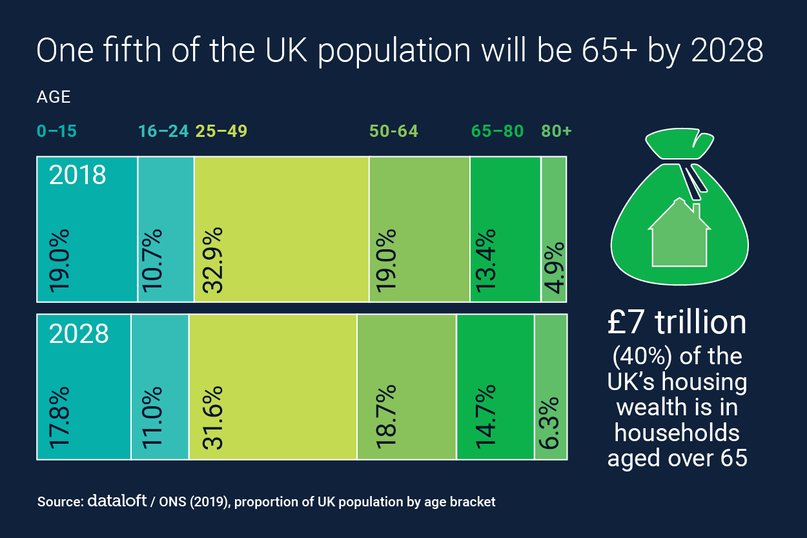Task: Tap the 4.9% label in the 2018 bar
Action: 553,268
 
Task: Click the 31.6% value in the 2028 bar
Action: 213,417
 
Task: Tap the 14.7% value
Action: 486,417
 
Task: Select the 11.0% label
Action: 152,417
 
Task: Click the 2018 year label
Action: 78,176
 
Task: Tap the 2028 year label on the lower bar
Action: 78,334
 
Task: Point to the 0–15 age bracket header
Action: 57,131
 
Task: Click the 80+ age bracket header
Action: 557,131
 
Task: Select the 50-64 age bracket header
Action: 393,131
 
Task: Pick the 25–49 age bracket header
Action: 221,131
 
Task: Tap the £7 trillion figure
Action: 677,324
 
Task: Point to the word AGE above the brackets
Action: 54,98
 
